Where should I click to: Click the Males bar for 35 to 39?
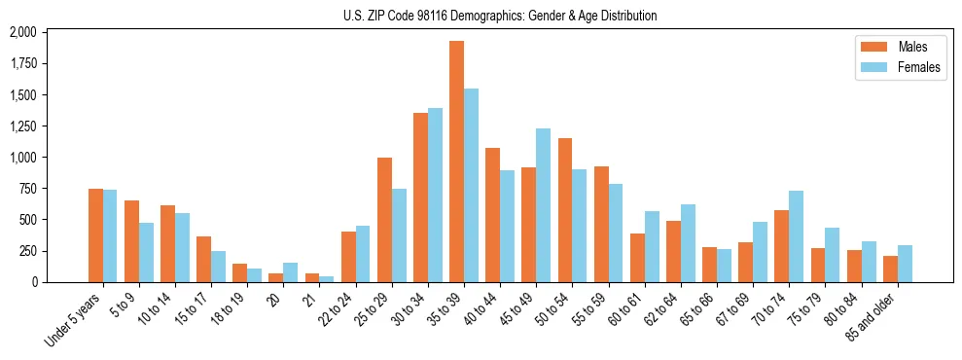456,162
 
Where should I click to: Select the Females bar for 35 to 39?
471,186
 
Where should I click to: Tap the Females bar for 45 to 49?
543,205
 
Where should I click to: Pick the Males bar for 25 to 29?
384,220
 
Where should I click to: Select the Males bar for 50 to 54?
564,210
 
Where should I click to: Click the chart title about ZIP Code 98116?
500,16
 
